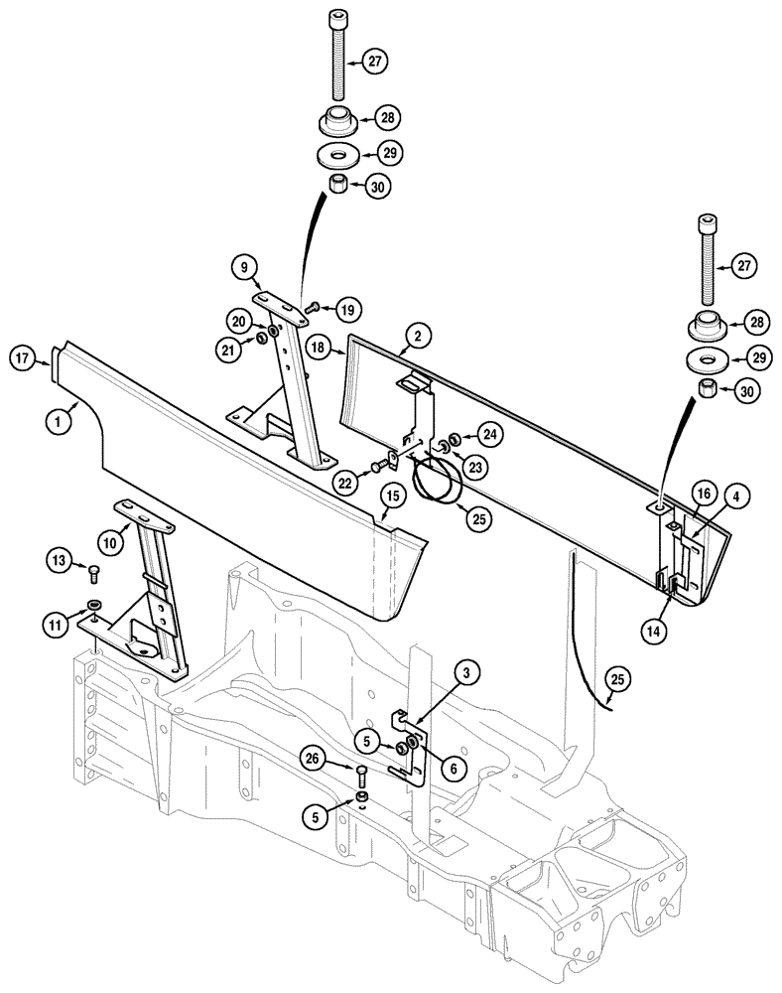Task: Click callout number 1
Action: (59, 421)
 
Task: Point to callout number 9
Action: (244, 266)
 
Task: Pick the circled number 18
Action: (318, 347)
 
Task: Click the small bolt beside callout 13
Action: (94, 571)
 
